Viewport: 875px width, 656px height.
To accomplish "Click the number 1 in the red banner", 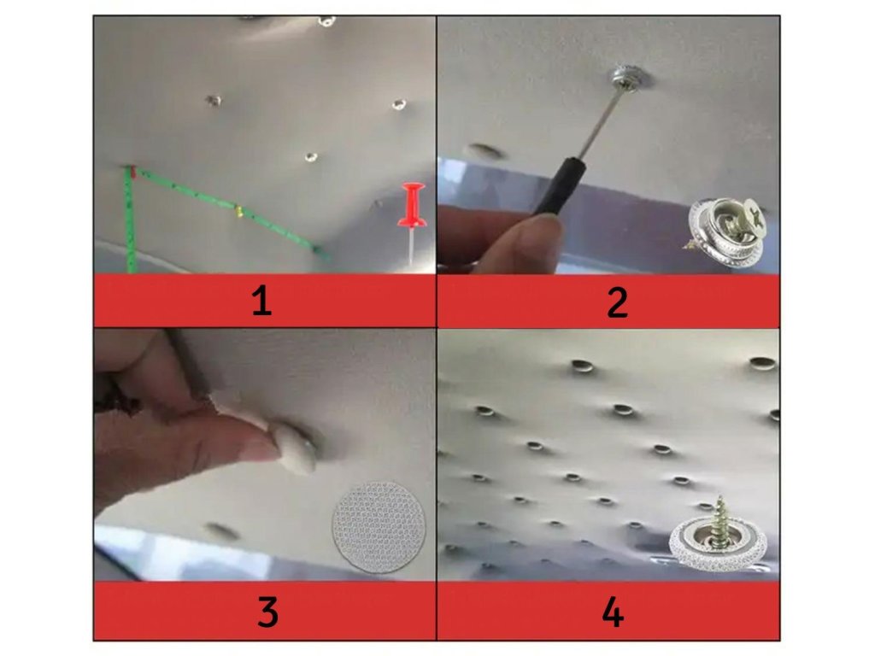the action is (261, 302).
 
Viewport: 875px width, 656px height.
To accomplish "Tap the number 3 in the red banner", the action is (267, 611).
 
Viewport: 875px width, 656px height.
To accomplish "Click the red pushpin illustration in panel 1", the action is (412, 221).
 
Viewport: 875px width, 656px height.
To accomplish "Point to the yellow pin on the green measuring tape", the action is (239, 211).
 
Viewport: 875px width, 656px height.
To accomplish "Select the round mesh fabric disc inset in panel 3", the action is (379, 527).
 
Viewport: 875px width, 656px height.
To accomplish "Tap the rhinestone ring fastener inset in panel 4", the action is (718, 537).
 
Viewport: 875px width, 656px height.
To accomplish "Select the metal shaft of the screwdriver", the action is (600, 122).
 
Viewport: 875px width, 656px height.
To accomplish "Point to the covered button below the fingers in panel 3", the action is (221, 531).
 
